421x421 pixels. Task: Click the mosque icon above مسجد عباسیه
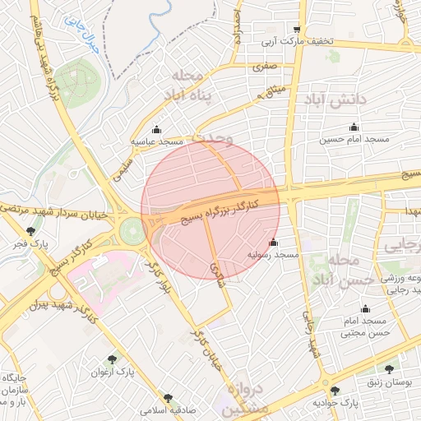point(157,129)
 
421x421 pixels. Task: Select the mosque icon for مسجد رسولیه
point(274,243)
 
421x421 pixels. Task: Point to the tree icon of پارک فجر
point(31,232)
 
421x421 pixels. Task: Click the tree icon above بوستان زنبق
point(388,371)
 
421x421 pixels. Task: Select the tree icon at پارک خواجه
point(334,391)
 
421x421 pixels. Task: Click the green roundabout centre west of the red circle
point(132,231)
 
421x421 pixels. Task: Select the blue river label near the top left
point(82,38)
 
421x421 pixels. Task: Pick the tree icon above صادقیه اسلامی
point(169,397)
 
